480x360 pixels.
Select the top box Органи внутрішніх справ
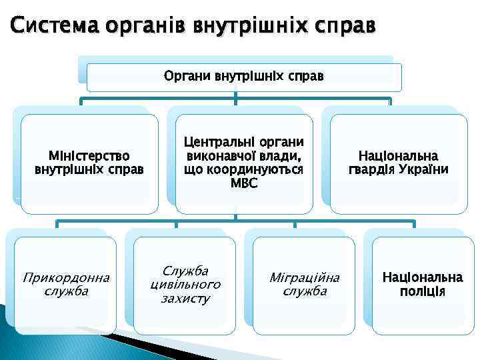[244, 77]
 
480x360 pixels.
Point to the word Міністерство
[89, 155]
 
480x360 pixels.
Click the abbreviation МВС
[243, 183]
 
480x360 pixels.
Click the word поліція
[422, 291]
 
